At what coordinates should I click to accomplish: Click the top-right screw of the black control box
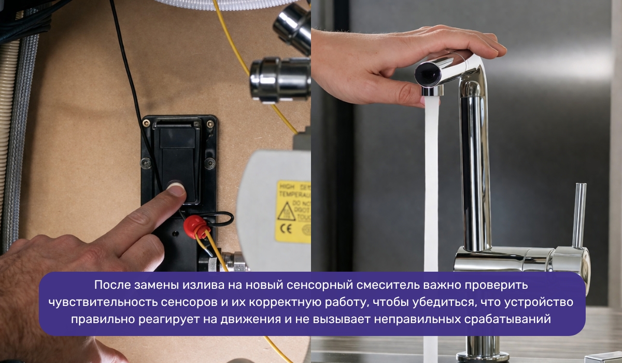click(x=209, y=123)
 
